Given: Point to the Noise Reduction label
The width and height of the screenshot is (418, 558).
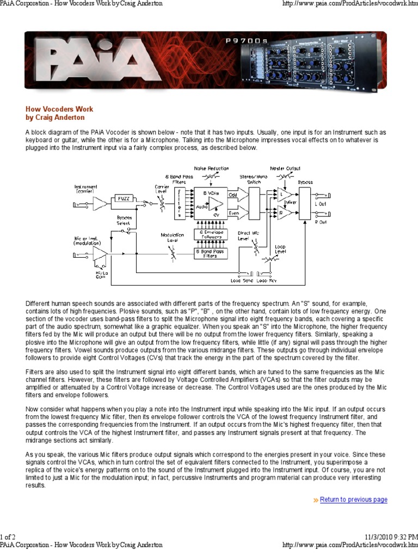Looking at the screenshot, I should click(x=211, y=168).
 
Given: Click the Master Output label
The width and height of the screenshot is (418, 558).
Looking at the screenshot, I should click(x=285, y=168).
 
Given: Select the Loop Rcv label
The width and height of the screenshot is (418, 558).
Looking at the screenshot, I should click(x=266, y=281).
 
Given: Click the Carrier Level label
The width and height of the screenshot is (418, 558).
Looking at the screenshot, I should click(x=162, y=190).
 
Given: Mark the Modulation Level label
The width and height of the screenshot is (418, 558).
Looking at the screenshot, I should click(x=172, y=238).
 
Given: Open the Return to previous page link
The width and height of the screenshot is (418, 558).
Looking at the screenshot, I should click(x=353, y=500).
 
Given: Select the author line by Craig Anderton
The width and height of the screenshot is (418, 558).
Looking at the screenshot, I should click(x=55, y=117).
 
